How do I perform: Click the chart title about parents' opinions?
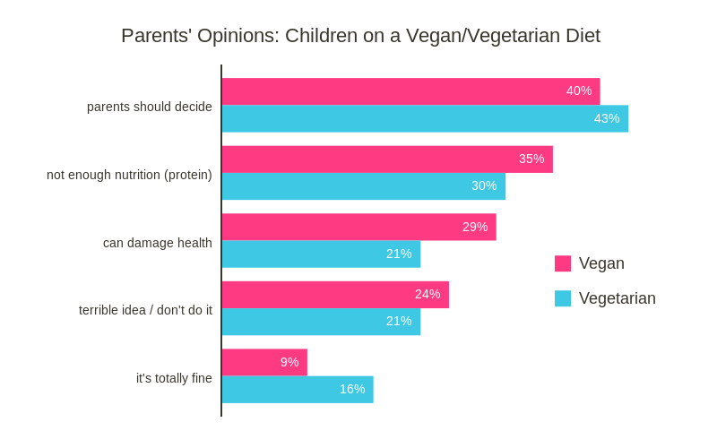[x=360, y=36]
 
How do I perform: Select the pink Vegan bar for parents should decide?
[x=410, y=91]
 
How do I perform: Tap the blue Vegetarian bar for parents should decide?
[x=425, y=118]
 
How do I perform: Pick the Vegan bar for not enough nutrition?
[x=387, y=159]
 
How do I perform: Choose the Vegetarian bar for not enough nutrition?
[x=363, y=186]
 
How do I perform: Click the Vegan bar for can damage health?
[x=358, y=227]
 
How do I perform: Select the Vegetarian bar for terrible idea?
[x=321, y=322]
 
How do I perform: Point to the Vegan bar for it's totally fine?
[x=264, y=362]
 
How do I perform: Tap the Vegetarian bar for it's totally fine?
[x=298, y=390]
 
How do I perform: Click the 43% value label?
[x=607, y=118]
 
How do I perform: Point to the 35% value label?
[x=531, y=159]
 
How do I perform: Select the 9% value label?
[x=289, y=362]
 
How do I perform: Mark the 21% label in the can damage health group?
[x=399, y=254]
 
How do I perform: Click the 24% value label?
[x=428, y=294]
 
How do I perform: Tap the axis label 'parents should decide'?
[x=150, y=107]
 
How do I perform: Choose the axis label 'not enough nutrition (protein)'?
[x=129, y=175]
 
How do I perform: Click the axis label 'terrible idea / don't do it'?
[x=145, y=310]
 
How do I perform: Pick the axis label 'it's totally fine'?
[x=174, y=378]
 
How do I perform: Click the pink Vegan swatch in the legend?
[x=563, y=263]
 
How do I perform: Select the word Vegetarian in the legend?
[x=617, y=298]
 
